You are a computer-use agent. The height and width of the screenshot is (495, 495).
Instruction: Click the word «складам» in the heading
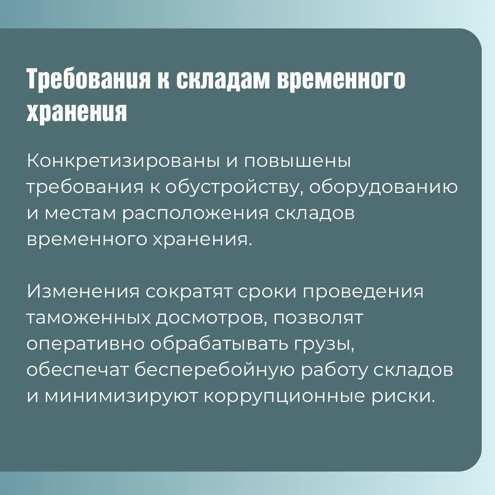click(x=223, y=79)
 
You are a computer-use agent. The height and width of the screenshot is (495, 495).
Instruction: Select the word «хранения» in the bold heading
click(x=77, y=112)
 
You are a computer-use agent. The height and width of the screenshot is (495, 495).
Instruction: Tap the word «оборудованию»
click(x=383, y=187)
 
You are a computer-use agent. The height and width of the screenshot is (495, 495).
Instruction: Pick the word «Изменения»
click(x=82, y=291)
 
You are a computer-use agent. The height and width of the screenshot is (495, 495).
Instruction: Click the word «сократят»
click(x=188, y=291)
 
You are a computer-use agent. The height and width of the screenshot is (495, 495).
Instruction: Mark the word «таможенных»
click(x=89, y=318)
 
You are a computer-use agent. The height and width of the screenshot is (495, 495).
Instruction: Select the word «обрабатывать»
click(x=219, y=344)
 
